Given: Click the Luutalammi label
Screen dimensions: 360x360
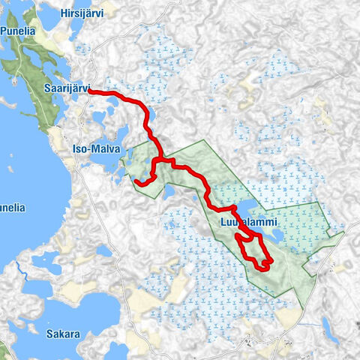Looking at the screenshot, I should point(250,223).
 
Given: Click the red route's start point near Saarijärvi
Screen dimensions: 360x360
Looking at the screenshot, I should point(90,91).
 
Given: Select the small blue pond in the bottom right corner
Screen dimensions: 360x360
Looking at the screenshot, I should point(330,327).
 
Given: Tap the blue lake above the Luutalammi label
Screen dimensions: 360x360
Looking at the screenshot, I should point(245,206).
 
